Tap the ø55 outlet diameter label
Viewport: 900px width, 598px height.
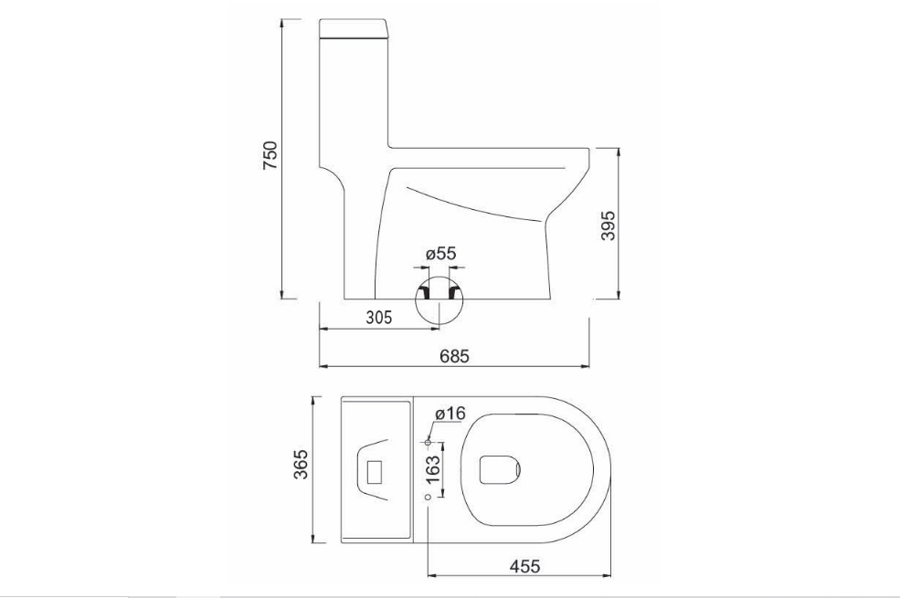coord(439,253)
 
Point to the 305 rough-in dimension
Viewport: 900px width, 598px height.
coord(378,318)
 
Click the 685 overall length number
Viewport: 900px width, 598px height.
coord(454,356)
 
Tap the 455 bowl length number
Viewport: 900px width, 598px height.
coord(524,566)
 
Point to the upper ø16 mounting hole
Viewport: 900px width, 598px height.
coord(428,442)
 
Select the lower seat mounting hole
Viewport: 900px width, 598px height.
coord(428,497)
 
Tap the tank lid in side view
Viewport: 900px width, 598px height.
coord(354,30)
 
